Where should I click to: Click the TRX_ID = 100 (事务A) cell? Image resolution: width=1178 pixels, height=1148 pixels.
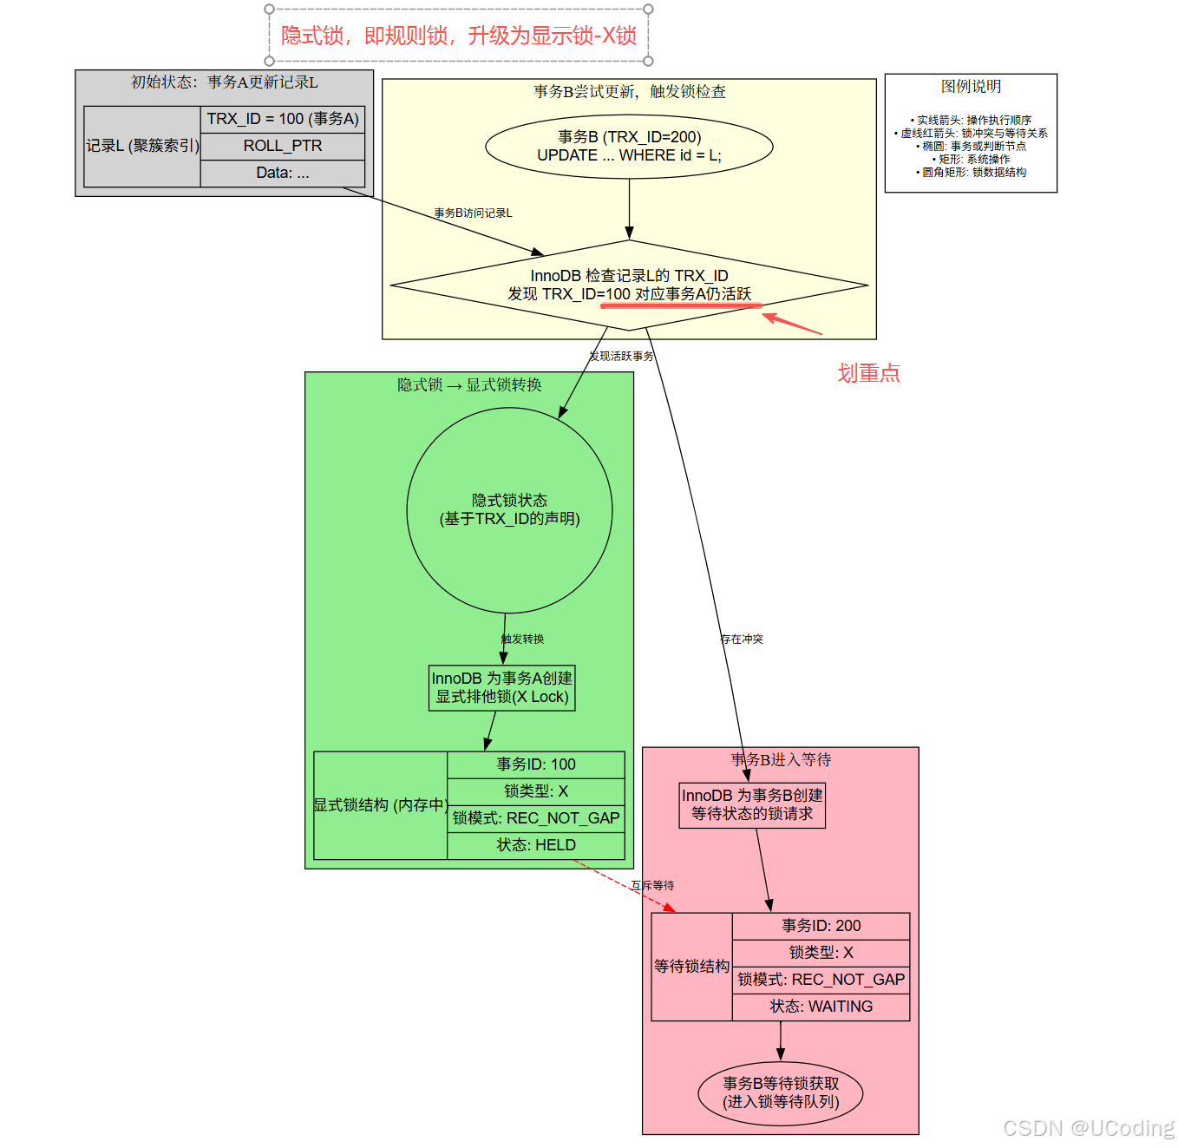coord(283,119)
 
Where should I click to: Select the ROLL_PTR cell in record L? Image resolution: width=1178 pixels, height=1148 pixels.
coord(283,146)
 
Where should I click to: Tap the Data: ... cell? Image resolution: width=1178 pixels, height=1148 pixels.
coord(283,173)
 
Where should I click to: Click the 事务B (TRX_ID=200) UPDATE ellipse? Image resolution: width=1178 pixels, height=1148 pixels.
coord(629,146)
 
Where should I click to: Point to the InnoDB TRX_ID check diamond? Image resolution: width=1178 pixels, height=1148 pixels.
coord(629,285)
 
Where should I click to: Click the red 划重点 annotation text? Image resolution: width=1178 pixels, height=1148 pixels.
coord(868,373)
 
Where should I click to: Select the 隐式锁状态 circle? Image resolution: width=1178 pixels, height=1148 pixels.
coord(509,510)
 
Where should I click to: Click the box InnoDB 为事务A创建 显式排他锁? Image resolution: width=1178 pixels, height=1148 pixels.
coord(501,687)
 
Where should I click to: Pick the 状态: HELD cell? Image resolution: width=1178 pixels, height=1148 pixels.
coord(536,845)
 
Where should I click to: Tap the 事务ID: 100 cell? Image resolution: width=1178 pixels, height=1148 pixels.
coord(536,764)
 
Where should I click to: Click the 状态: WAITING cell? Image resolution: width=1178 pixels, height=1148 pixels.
coord(821,1007)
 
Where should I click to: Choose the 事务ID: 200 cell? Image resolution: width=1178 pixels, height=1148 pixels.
coord(821,926)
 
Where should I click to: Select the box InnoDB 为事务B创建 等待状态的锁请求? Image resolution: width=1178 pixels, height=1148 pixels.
coord(752,804)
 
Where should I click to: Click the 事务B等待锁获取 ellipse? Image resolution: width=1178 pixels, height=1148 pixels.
coord(781,1093)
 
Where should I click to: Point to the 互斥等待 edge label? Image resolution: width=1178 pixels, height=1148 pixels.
coord(652,886)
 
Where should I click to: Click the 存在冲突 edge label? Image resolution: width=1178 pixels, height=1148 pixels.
coord(742,640)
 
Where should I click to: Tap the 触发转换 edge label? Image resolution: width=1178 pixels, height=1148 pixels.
coord(523,640)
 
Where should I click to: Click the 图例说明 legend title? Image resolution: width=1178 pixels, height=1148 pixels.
coord(971,87)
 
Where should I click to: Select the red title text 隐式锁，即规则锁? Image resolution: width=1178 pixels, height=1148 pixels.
coord(458,36)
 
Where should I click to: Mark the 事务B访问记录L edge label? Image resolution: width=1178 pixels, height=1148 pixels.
coord(473,213)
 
